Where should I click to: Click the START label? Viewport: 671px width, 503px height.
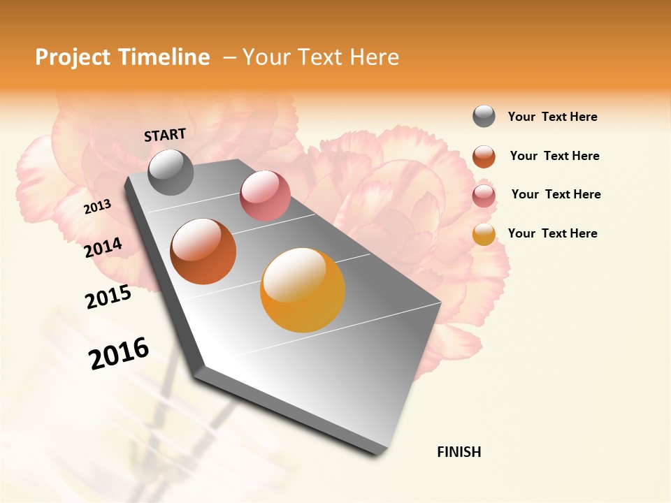tap(165, 135)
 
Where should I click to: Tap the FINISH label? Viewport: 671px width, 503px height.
tap(459, 452)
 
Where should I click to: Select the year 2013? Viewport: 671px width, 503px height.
tap(97, 207)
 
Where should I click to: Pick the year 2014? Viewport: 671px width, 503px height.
tap(103, 248)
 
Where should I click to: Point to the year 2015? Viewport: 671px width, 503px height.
tap(108, 298)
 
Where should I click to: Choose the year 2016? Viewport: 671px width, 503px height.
tap(119, 353)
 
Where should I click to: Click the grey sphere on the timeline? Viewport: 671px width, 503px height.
tap(171, 172)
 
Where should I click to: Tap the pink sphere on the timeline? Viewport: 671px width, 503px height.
tap(265, 196)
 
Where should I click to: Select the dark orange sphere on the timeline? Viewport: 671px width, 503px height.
tap(203, 251)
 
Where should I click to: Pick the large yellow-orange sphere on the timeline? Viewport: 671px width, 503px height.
tap(303, 290)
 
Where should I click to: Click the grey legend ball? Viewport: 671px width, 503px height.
tap(484, 116)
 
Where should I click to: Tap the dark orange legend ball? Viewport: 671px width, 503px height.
tap(484, 156)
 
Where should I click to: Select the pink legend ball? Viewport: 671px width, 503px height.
tap(484, 195)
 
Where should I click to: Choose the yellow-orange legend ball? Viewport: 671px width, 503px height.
tap(484, 234)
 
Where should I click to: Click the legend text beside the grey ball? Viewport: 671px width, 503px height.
tap(552, 117)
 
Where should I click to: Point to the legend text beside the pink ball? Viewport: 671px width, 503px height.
tap(556, 194)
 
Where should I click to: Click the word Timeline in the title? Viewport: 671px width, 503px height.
tap(165, 57)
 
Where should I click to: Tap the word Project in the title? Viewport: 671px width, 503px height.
tap(73, 57)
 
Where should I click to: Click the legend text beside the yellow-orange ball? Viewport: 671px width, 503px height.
tap(552, 233)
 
